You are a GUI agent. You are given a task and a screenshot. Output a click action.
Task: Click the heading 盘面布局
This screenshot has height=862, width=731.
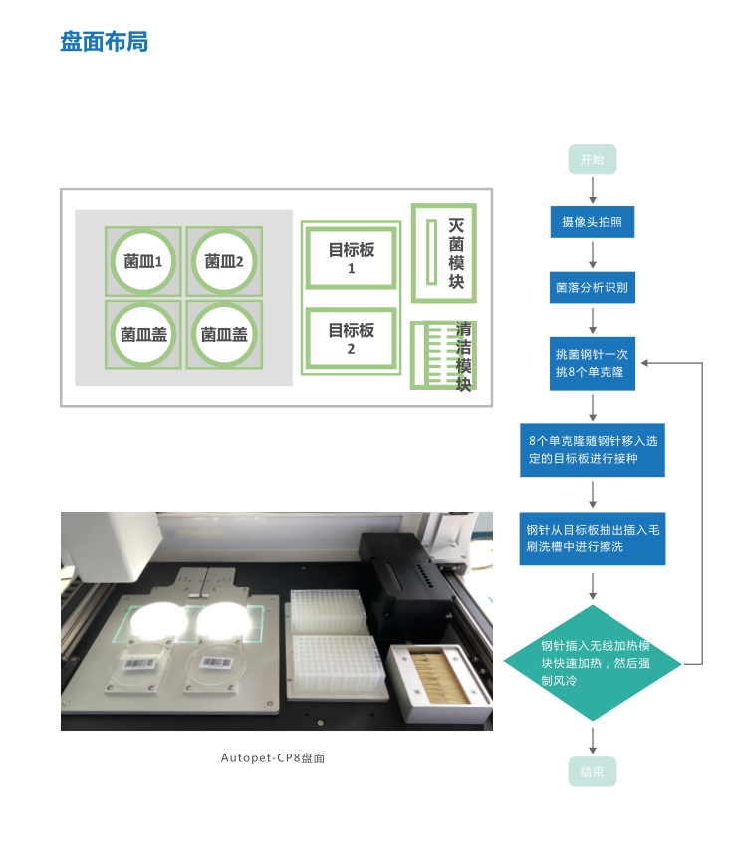(104, 43)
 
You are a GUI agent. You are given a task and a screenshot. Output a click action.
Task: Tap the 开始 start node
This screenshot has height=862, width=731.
(592, 160)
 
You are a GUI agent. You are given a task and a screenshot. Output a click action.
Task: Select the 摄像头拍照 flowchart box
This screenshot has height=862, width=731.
(592, 221)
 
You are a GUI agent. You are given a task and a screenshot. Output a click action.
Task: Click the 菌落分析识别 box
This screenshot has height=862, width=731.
(592, 288)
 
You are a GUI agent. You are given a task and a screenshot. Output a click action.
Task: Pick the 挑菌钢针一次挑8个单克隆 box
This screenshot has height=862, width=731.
(592, 362)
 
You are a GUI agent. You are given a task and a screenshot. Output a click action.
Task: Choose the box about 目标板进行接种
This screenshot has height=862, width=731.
(592, 450)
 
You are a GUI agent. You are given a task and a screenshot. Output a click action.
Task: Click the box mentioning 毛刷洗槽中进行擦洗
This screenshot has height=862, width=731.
(592, 539)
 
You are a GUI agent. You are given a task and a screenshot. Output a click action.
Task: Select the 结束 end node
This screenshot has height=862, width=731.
(592, 771)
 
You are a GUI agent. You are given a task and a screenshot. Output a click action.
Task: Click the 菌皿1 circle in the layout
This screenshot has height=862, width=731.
(143, 261)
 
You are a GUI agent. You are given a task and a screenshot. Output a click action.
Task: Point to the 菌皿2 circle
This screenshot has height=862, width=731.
(224, 261)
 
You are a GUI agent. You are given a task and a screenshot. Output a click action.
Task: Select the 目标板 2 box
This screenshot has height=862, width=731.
(352, 339)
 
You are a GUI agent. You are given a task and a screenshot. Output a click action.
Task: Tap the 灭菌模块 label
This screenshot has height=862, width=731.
(456, 254)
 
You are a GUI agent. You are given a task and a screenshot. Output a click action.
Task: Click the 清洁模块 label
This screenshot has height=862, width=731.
(463, 356)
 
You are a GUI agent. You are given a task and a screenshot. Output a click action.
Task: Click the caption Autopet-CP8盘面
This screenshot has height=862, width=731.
(273, 758)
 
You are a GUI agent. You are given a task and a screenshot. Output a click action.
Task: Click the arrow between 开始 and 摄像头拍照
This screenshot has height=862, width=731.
(593, 190)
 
